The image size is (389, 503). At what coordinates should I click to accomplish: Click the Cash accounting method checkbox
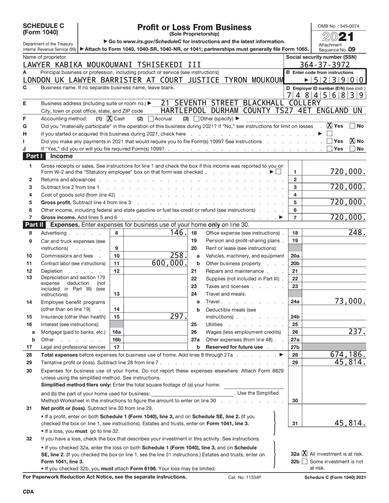tap(110, 119)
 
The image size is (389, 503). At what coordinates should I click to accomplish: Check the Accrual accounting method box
tap(151, 119)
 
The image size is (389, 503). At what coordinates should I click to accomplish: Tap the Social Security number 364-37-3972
tap(324, 65)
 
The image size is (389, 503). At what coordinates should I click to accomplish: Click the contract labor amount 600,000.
tap(169, 263)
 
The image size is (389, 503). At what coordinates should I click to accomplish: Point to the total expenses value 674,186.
tap(348, 354)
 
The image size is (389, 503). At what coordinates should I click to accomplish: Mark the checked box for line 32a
tap(304, 454)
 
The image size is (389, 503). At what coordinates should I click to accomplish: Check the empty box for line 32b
tap(304, 461)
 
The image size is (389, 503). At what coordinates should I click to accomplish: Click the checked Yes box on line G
tap(330, 126)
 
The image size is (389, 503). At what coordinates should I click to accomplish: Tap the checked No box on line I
tap(352, 141)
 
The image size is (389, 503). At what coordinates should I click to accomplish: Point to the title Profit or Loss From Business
tap(194, 28)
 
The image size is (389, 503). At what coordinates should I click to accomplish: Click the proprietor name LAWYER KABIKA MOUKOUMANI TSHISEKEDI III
tap(112, 65)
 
